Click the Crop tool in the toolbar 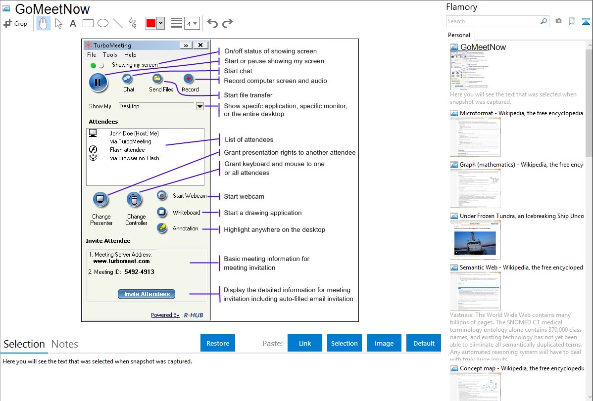[15, 23]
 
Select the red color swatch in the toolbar [150, 23]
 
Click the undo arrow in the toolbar [212, 23]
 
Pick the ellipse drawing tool [103, 23]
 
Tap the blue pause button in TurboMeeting [98, 82]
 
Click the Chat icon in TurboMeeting [128, 79]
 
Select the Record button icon [189, 79]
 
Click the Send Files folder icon [157, 79]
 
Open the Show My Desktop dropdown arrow [199, 106]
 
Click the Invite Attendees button [147, 294]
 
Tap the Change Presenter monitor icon [100, 200]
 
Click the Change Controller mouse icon [134, 200]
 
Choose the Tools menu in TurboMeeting [110, 55]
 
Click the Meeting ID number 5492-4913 [139, 272]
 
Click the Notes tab [65, 344]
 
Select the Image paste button [384, 343]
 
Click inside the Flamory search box [493, 21]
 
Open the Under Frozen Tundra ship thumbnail [475, 240]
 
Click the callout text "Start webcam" [244, 196]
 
